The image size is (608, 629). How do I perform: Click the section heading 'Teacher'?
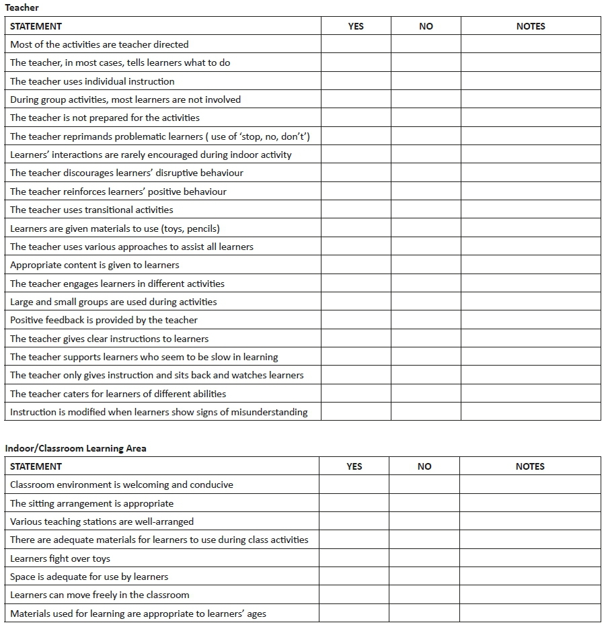pyautogui.click(x=22, y=7)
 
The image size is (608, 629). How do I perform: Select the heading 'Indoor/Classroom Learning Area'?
pyautogui.click(x=75, y=448)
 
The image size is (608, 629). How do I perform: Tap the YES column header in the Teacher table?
pyautogui.click(x=356, y=26)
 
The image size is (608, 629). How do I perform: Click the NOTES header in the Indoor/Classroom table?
pyautogui.click(x=530, y=466)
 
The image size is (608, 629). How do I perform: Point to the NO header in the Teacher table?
pyautogui.click(x=426, y=26)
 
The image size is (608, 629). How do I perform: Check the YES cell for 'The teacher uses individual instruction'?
pyautogui.click(x=356, y=81)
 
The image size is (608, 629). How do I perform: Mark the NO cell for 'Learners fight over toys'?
pyautogui.click(x=424, y=558)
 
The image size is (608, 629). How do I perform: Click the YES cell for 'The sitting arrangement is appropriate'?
pyautogui.click(x=354, y=503)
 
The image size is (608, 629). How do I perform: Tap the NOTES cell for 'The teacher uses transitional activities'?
pyautogui.click(x=531, y=210)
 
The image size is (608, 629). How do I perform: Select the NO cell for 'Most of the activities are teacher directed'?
pyautogui.click(x=426, y=44)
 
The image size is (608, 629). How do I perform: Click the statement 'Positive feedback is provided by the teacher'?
pyautogui.click(x=104, y=320)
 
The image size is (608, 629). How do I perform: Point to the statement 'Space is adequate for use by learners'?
pyautogui.click(x=89, y=577)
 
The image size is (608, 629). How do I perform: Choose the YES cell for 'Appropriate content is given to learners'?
pyautogui.click(x=356, y=265)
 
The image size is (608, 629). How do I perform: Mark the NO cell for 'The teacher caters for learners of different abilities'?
pyautogui.click(x=426, y=394)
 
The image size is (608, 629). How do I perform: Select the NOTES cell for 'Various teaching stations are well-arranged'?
pyautogui.click(x=530, y=521)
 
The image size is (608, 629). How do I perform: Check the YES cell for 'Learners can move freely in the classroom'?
pyautogui.click(x=354, y=595)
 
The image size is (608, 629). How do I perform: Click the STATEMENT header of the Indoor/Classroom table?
pyautogui.click(x=36, y=466)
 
